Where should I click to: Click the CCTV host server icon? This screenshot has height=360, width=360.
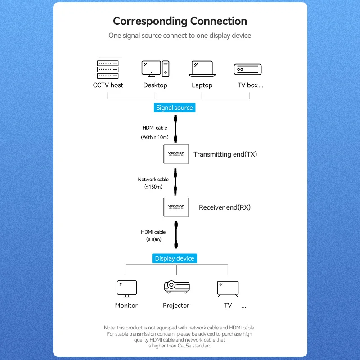click(x=108, y=69)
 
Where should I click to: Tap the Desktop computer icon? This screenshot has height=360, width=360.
click(x=155, y=69)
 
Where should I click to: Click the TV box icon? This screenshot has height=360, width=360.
click(x=247, y=69)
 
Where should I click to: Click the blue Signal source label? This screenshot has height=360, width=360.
click(x=174, y=108)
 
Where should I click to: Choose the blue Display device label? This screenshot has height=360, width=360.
click(x=174, y=258)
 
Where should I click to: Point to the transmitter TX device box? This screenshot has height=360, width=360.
click(x=176, y=154)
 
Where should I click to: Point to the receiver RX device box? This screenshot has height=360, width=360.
click(x=176, y=207)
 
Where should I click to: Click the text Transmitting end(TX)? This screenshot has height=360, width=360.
click(x=225, y=154)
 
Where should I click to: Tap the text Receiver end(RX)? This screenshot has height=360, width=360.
click(x=225, y=207)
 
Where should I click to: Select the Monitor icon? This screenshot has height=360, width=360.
click(x=126, y=288)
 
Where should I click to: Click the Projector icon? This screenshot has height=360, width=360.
click(x=176, y=287)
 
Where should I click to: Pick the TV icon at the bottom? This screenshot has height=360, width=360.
click(x=228, y=288)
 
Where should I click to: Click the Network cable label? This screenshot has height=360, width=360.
click(x=153, y=180)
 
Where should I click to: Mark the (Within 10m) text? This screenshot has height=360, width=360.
click(x=155, y=137)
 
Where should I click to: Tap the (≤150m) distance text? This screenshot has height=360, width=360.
click(x=153, y=187)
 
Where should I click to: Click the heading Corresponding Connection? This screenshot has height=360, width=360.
click(x=180, y=21)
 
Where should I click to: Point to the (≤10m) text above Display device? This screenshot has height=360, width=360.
click(x=153, y=239)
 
